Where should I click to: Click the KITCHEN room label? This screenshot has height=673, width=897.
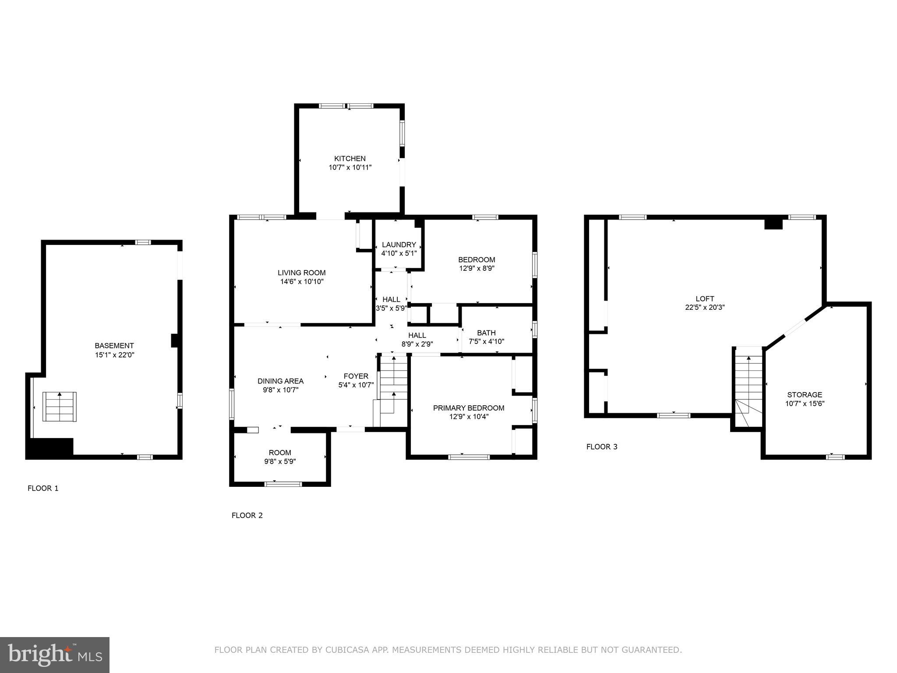[350, 159]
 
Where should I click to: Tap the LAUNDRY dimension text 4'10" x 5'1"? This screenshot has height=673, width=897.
[399, 253]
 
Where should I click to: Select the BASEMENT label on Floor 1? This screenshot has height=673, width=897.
[114, 346]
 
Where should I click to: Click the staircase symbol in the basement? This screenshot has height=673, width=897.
[60, 407]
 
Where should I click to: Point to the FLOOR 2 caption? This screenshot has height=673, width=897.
[247, 515]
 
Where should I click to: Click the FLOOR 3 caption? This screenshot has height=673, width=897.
[602, 447]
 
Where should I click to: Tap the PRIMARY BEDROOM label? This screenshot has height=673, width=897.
[469, 408]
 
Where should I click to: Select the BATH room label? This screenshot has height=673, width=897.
[486, 333]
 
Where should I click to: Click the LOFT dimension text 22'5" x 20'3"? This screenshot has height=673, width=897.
[705, 308]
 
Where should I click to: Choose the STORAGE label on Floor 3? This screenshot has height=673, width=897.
[805, 395]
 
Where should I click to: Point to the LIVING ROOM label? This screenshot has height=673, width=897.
[302, 273]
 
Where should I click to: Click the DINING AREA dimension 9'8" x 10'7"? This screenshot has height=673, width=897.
[280, 390]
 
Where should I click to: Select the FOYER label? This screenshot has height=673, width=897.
[356, 376]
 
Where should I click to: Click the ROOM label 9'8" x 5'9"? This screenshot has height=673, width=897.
[280, 453]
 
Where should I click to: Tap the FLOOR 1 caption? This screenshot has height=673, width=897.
[43, 488]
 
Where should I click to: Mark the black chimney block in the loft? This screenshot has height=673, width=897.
[773, 223]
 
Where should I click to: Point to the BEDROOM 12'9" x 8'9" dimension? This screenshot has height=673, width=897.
[477, 268]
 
